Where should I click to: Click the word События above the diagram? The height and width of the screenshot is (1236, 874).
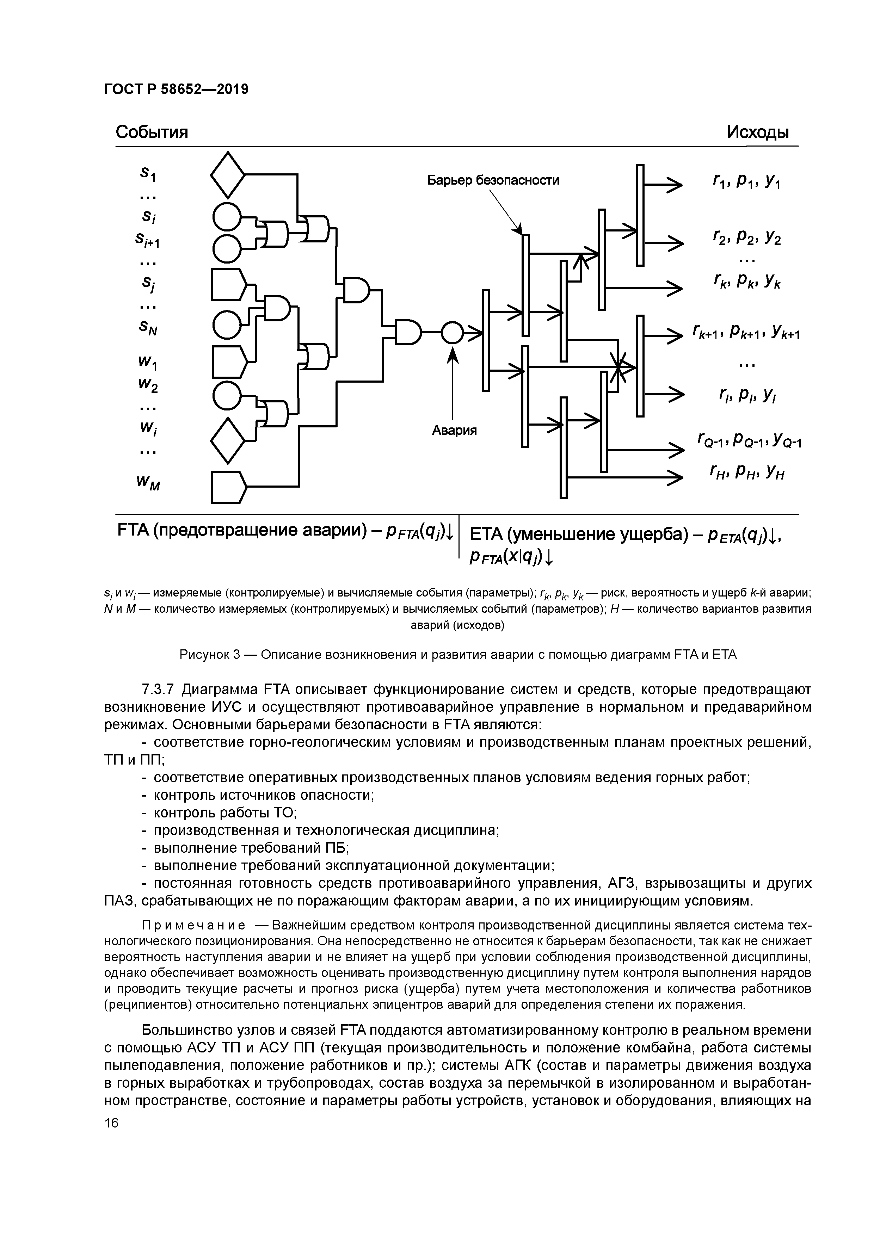[x=152, y=132]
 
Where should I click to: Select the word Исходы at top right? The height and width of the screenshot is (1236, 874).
[x=758, y=132]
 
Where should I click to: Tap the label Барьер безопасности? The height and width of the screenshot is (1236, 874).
[x=493, y=180]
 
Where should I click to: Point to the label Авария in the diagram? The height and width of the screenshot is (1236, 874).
[x=455, y=430]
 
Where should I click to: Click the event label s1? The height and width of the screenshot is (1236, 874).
[x=147, y=174]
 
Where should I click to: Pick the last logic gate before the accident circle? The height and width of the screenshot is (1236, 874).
[x=408, y=333]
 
